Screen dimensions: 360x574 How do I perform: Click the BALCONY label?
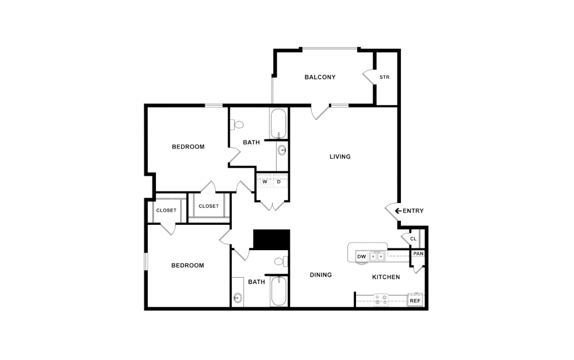pos(320,77)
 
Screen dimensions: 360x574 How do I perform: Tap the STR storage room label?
pos(384,77)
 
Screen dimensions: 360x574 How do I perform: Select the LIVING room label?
pos(340,156)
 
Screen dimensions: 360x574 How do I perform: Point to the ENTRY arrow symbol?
pos(397,211)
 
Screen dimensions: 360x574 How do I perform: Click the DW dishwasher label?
pos(361,256)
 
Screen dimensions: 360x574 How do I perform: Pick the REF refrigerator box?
pos(415,300)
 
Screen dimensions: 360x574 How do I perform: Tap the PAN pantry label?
pos(418,254)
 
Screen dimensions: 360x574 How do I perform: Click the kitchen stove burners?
pos(381,299)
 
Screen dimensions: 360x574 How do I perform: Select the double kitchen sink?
pos(377,256)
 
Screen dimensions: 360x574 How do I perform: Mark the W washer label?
pos(265,182)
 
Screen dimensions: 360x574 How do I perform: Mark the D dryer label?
pos(279,182)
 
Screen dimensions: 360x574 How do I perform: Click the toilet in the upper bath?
pos(238,124)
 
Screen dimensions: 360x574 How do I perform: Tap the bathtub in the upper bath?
pos(278,123)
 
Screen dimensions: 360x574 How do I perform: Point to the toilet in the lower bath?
pos(280,262)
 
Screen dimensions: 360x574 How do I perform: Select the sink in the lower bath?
pos(238,298)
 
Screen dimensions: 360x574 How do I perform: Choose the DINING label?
pos(321,275)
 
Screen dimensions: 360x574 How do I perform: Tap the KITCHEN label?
pos(386,277)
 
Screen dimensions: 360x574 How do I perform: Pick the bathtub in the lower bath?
pos(278,291)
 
